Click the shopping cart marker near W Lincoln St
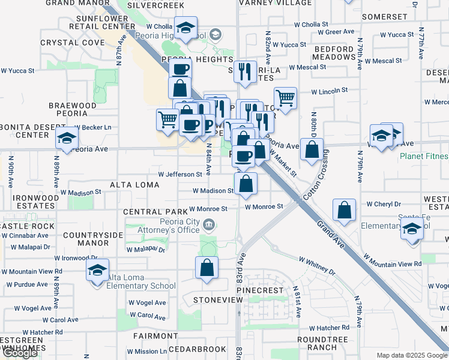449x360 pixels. pos(286,98)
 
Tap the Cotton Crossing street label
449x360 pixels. pos(317,176)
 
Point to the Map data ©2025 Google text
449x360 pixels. pos(411,355)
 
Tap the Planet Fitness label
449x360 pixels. pos(424,157)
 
